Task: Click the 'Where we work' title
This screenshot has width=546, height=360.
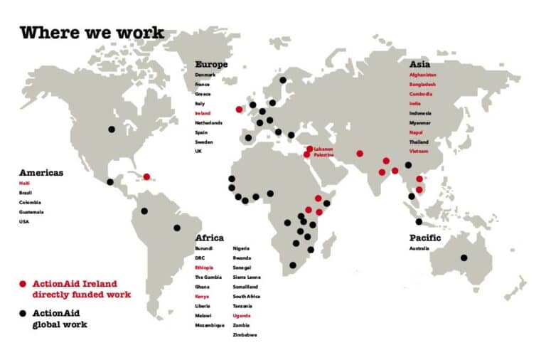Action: [92, 33]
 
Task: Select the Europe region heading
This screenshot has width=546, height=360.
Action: [211, 64]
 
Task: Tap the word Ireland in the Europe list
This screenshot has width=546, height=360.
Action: [203, 113]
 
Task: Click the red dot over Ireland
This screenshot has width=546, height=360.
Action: [240, 109]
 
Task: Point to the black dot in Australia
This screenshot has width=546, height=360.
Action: [464, 258]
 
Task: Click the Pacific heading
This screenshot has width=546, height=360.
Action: [425, 238]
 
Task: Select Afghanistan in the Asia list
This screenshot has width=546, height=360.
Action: [423, 75]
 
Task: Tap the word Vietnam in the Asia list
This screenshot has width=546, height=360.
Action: [419, 152]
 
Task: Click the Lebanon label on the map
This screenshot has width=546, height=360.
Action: [323, 149]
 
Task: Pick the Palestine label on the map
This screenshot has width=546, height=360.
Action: [324, 154]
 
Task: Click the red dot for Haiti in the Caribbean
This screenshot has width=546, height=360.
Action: [146, 176]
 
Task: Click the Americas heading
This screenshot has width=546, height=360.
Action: [41, 173]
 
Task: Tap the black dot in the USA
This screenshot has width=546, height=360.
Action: [111, 129]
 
